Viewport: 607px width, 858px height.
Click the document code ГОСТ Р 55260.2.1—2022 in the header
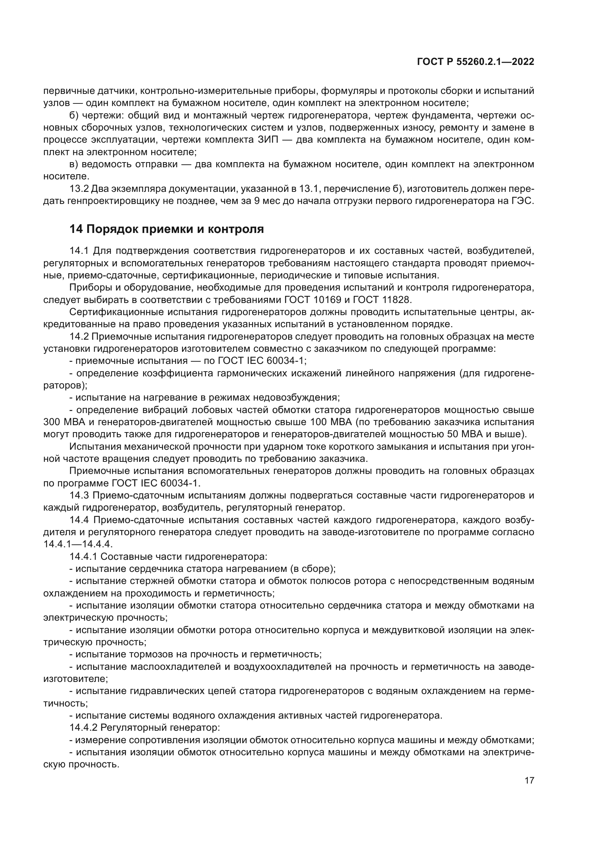coord(475,62)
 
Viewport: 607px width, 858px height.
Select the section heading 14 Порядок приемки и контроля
coord(167,229)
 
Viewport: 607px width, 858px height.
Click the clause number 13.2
coord(79,189)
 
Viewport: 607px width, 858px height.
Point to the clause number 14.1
coord(79,251)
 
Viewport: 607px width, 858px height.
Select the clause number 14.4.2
coord(83,728)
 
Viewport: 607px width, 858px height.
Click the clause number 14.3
coord(79,496)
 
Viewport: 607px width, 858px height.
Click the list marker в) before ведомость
coord(74,164)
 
